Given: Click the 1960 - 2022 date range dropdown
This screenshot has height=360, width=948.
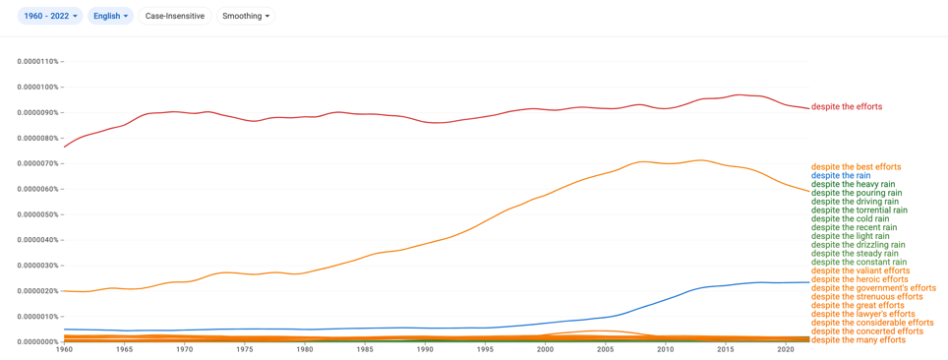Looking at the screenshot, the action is click(x=51, y=17).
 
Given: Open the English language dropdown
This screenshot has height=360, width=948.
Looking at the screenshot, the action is click(x=111, y=17).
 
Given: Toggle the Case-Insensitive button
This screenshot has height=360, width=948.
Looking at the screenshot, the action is click(x=175, y=17).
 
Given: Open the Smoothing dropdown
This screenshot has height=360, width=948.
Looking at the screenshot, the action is click(x=246, y=17).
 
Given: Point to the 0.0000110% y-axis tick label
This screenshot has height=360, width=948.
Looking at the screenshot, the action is click(x=38, y=62).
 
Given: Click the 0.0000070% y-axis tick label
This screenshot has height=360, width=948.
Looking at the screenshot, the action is click(x=38, y=163).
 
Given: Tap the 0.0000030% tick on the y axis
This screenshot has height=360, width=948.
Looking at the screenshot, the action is click(x=38, y=266).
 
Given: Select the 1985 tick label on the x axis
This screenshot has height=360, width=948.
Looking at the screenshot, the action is click(x=365, y=350).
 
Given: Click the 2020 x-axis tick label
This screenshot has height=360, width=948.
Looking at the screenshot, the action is click(x=786, y=350).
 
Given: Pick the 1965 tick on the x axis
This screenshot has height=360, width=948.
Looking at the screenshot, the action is click(x=124, y=350).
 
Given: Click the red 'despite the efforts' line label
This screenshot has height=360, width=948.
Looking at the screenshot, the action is click(x=847, y=106).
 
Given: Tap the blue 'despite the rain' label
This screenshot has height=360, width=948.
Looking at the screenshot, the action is click(x=841, y=175).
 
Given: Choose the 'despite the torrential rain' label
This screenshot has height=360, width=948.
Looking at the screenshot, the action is click(x=859, y=210).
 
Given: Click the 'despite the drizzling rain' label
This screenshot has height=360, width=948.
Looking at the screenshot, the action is click(x=858, y=245).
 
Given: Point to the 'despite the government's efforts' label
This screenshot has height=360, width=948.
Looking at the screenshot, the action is click(x=873, y=288).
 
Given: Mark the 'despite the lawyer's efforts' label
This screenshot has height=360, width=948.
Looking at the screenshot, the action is click(x=862, y=314).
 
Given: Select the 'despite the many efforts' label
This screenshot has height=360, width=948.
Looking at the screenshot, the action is click(x=859, y=340).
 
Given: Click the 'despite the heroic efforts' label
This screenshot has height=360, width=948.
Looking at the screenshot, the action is click(x=859, y=279).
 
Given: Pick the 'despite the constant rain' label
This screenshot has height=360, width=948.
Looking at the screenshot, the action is click(x=859, y=262).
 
